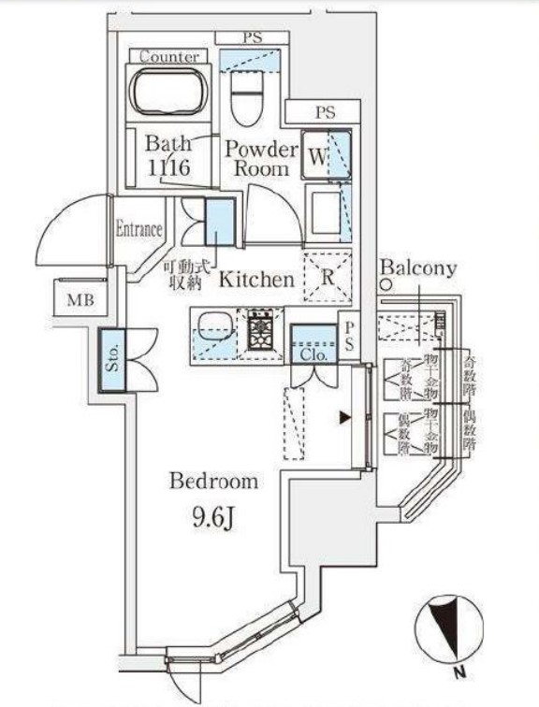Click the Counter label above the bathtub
169,57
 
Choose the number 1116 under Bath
168,169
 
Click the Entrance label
138,229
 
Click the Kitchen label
257,279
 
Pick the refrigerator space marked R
328,278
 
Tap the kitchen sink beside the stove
213,328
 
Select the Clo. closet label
313,354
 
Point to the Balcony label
418,269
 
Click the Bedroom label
212,482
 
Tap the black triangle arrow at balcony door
345,419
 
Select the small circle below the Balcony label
385,287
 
